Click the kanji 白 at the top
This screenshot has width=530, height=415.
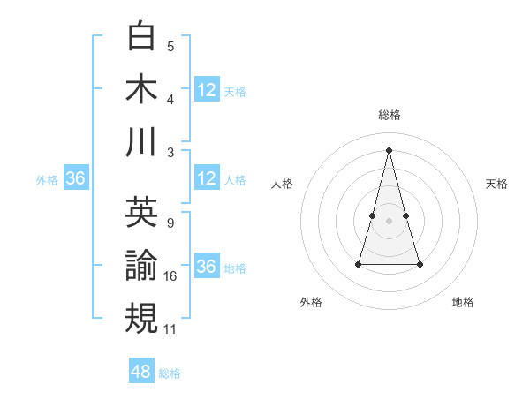tap(141, 36)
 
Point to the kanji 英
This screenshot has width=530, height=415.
tap(141, 212)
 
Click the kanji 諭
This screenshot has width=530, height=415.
tap(141, 266)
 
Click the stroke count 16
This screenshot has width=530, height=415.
tap(171, 276)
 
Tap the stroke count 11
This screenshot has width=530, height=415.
tap(171, 329)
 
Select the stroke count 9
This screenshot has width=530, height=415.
tap(170, 223)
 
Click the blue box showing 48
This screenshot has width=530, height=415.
tap(141, 372)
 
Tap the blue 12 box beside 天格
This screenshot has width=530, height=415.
tap(207, 89)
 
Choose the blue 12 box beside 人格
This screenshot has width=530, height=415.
tap(207, 178)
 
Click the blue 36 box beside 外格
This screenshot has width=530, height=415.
tap(75, 178)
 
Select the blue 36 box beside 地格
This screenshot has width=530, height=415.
tap(207, 267)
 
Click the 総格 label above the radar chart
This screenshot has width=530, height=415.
tap(390, 116)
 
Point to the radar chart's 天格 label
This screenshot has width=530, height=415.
tap(497, 184)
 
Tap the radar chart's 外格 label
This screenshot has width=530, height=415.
tap(311, 302)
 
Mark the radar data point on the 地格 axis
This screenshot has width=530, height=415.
tap(420, 264)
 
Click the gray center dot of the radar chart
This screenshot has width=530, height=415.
tap(390, 220)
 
